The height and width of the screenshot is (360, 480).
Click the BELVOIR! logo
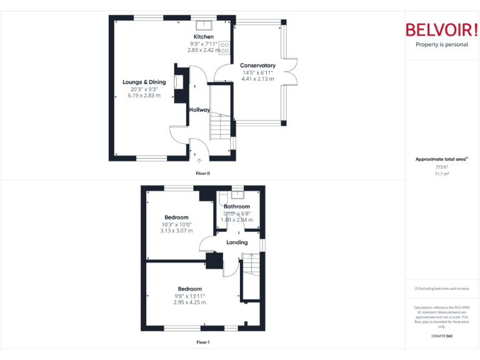[x=441, y=29]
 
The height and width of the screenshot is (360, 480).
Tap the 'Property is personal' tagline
[x=441, y=45]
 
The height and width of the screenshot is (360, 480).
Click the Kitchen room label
[x=203, y=37]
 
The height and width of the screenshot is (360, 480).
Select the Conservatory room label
[x=257, y=65]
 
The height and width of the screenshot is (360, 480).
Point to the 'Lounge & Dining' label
[x=144, y=82]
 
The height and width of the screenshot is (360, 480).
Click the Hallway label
[x=199, y=109]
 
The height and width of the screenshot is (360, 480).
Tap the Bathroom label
[x=237, y=206]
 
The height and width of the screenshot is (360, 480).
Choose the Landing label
[x=237, y=242]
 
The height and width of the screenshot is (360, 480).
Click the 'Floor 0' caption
[x=203, y=172]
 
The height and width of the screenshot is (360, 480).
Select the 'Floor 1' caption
[x=203, y=342]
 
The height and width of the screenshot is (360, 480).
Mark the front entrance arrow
[x=199, y=161]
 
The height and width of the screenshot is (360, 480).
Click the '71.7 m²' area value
[x=441, y=174]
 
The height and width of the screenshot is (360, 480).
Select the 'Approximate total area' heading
[x=440, y=159]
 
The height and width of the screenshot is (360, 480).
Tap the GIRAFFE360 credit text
[x=441, y=336]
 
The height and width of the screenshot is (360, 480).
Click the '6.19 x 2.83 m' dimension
[x=144, y=96]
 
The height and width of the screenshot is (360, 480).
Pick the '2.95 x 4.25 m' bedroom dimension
[x=189, y=302]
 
